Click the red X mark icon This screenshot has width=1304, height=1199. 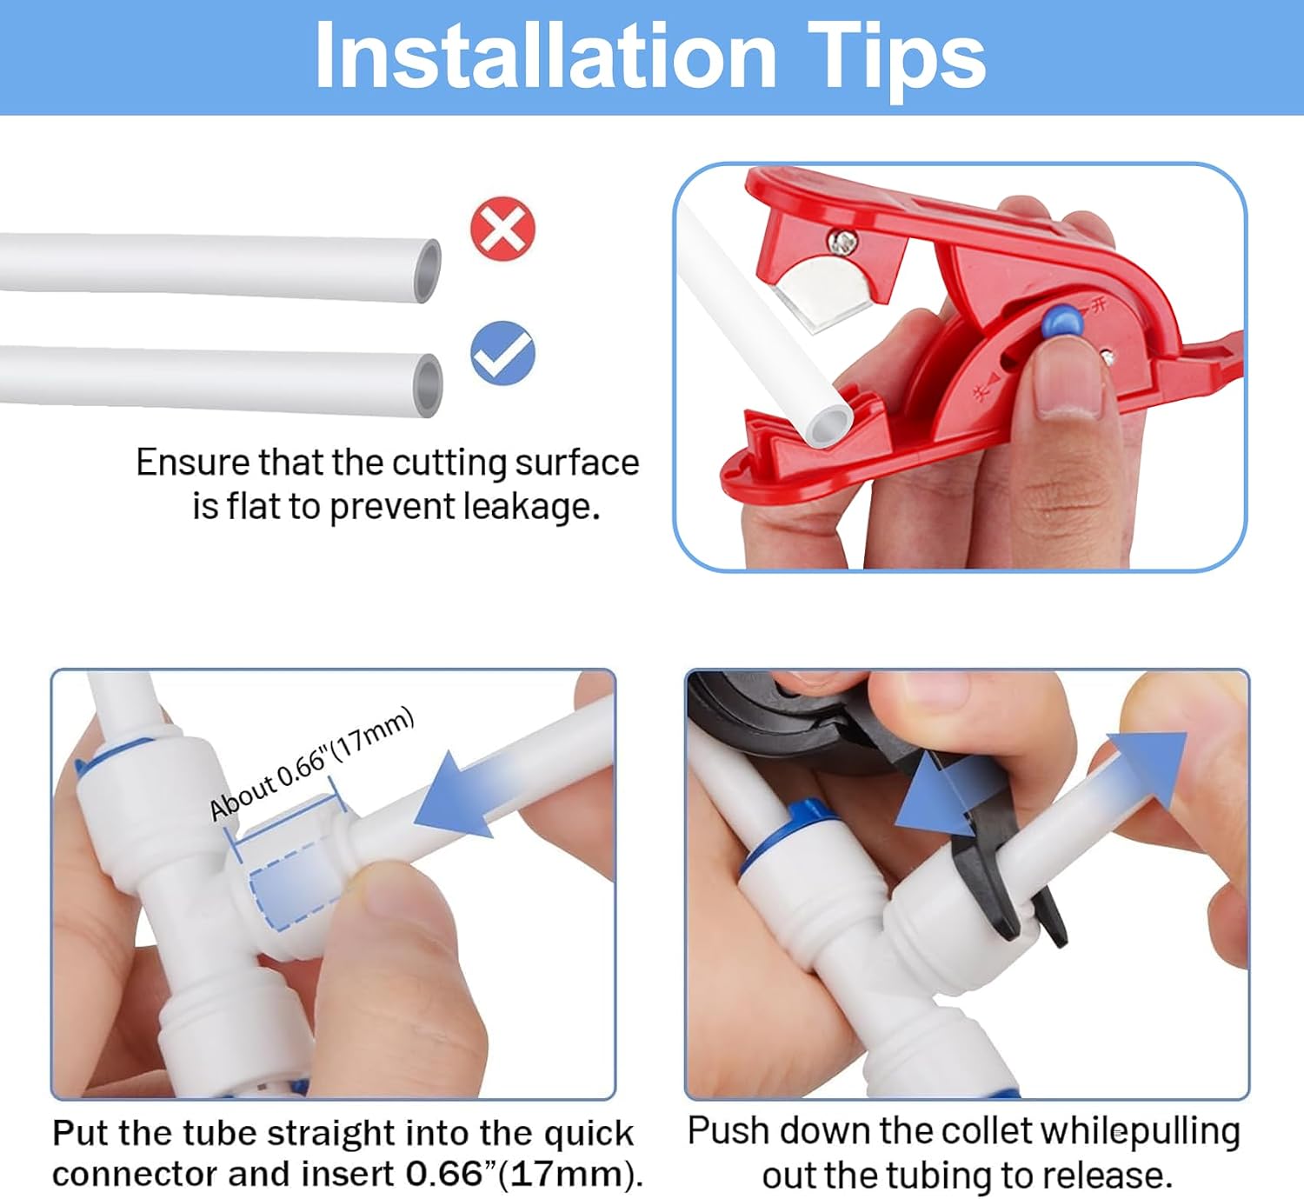pos(502,229)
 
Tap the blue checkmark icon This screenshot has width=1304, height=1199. pos(502,353)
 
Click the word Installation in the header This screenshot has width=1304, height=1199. pos(545,55)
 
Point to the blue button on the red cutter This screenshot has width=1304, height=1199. pos(1061,321)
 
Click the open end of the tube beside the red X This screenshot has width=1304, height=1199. pos(428,270)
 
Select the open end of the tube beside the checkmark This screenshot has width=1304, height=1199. pos(429,385)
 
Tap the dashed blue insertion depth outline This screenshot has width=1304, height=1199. pos(296,888)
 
